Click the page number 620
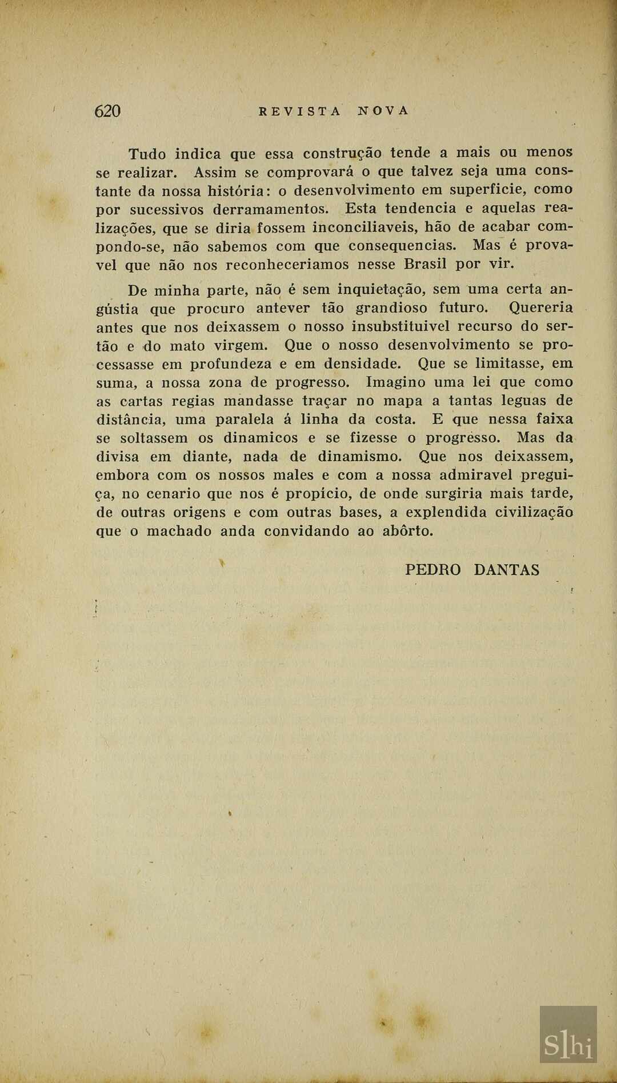click(107, 111)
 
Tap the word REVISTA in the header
click(300, 111)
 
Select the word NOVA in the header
click(384, 111)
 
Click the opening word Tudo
click(147, 154)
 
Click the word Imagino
click(395, 382)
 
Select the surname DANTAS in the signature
click(506, 570)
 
